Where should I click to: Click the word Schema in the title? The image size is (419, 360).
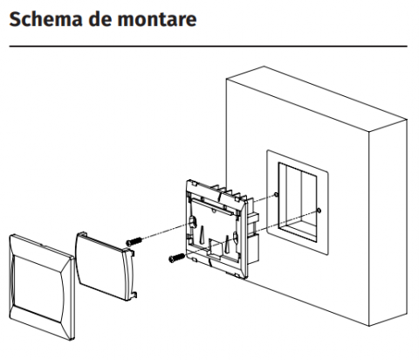[46, 19]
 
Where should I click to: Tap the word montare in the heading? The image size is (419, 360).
[157, 20]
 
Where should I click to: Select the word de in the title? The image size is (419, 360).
[100, 19]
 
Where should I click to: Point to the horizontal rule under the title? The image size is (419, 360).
[208, 46]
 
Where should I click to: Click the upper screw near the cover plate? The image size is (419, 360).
[134, 241]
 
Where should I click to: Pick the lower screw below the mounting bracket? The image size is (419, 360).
[176, 258]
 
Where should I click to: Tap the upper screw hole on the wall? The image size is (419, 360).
[276, 195]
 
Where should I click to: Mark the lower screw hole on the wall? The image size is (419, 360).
[319, 211]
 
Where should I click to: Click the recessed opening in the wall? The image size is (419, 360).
[298, 202]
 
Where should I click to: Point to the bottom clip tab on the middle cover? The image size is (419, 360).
[134, 294]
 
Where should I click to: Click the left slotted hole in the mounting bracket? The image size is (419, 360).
[193, 222]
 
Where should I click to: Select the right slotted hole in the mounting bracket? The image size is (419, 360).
[236, 239]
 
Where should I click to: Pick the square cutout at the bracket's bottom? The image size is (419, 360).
[216, 247]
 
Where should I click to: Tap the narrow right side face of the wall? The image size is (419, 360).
[388, 222]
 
